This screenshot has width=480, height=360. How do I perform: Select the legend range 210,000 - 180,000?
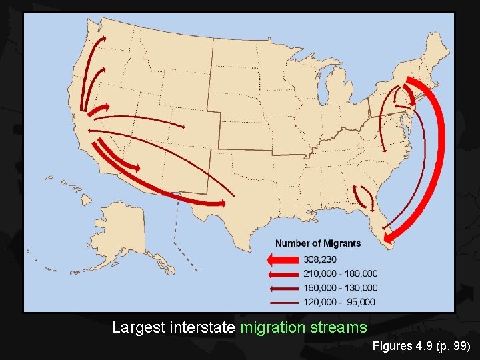click(340, 273)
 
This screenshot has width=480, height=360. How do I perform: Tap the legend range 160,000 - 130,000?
click(340, 287)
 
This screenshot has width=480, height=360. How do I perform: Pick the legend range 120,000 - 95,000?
click(340, 301)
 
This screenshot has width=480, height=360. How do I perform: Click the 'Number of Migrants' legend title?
click(318, 243)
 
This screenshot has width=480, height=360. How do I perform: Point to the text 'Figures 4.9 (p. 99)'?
click(422, 347)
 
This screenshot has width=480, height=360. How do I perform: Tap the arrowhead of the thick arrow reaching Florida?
click(389, 235)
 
